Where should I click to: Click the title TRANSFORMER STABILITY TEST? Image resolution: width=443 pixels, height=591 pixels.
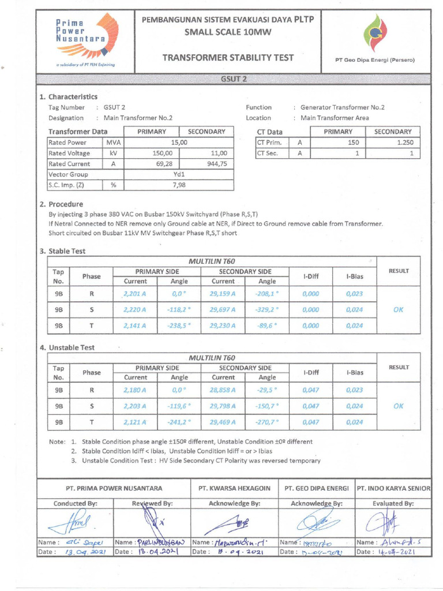pyautogui.click(x=228, y=58)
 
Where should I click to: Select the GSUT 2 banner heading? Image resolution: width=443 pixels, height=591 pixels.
pyautogui.click(x=234, y=79)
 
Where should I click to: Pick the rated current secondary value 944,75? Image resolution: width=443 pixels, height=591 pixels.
pyautogui.click(x=216, y=164)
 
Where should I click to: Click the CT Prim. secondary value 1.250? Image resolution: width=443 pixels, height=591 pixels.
pyautogui.click(x=402, y=143)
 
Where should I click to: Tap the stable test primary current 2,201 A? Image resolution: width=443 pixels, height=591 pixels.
pyautogui.click(x=135, y=294)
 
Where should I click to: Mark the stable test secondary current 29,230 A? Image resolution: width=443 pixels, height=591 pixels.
pyautogui.click(x=223, y=326)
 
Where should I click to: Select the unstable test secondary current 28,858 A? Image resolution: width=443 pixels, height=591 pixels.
pyautogui.click(x=223, y=390)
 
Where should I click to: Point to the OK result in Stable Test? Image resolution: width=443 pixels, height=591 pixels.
pyautogui.click(x=398, y=309)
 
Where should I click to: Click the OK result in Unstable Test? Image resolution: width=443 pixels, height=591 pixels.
pyautogui.click(x=398, y=406)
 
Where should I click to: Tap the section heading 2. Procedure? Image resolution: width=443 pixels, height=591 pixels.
pyautogui.click(x=61, y=204)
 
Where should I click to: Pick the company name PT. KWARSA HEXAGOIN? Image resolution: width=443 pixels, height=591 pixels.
pyautogui.click(x=234, y=488)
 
